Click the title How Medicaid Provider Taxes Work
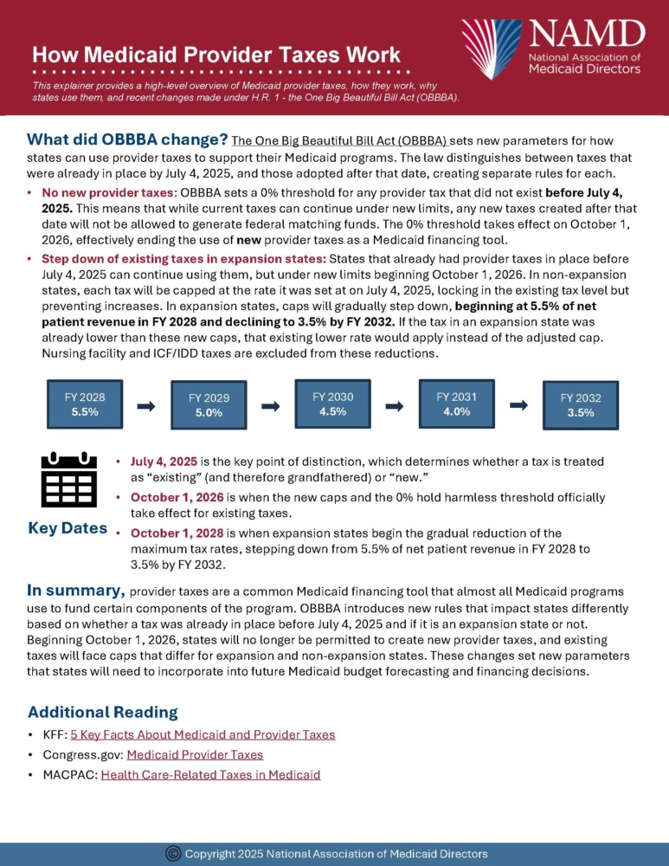(215, 55)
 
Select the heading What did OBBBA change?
(127, 139)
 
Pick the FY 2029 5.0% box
(209, 404)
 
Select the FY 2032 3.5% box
(580, 405)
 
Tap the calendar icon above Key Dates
(68, 480)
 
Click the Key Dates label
(68, 528)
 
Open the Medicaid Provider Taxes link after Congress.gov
(195, 754)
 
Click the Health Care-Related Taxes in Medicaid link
(210, 774)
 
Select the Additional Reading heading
(103, 712)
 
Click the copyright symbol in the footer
(172, 853)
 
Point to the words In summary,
(76, 591)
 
